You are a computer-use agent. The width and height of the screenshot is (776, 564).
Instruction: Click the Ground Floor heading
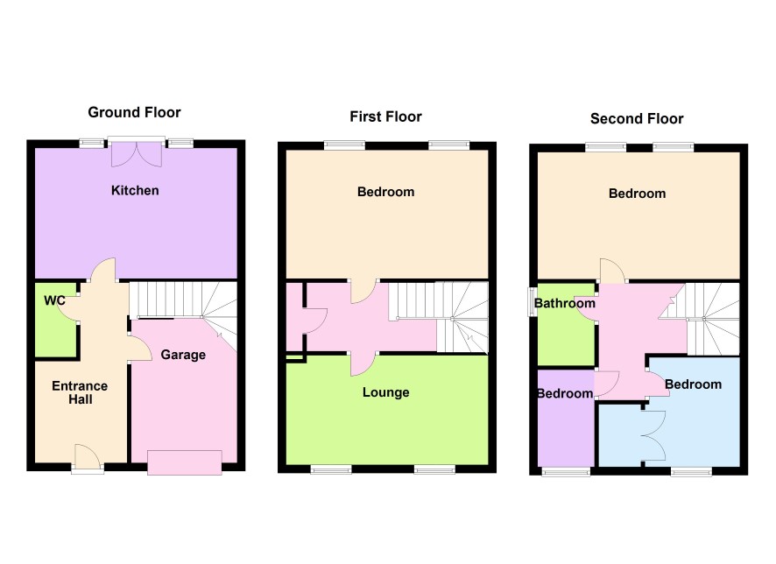click(x=134, y=112)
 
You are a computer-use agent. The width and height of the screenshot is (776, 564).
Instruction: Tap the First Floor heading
click(x=385, y=116)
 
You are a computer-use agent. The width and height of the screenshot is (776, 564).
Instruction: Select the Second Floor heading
click(x=637, y=119)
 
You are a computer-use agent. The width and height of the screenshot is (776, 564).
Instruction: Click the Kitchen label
click(x=135, y=190)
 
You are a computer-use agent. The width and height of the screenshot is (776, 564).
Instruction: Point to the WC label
click(x=54, y=300)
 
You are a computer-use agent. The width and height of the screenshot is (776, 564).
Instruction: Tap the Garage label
click(x=183, y=356)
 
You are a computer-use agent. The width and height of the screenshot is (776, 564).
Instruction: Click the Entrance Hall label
click(x=80, y=393)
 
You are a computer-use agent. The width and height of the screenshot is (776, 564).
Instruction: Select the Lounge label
click(x=386, y=393)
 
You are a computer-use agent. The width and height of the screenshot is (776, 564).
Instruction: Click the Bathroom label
click(x=565, y=303)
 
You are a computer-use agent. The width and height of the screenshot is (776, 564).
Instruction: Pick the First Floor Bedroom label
click(x=386, y=192)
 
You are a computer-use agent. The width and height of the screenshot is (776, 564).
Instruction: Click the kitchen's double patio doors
click(x=137, y=154)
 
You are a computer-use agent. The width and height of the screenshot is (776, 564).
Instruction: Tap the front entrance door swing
click(x=87, y=455)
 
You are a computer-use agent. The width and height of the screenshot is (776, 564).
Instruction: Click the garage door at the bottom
click(x=185, y=462)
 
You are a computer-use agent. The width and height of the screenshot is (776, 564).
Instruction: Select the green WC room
click(x=56, y=319)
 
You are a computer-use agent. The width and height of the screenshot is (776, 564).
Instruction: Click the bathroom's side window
click(x=531, y=302)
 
